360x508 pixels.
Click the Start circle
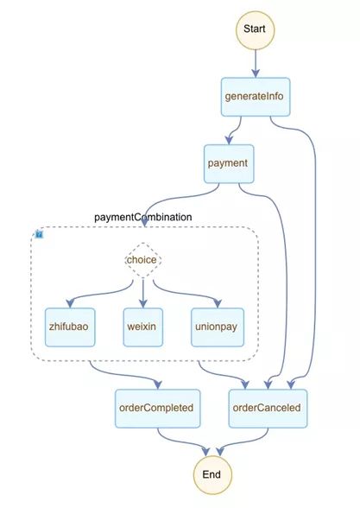[255, 30]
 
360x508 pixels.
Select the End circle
[212, 474]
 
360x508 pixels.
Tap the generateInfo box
[256, 97]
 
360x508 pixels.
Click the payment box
[229, 163]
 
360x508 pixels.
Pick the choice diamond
[142, 260]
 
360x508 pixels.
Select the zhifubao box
[70, 327]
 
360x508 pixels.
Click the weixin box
[142, 327]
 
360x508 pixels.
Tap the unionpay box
[218, 327]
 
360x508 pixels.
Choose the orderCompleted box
[158, 408]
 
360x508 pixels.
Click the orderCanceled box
[268, 408]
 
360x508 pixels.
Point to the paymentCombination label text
[142, 217]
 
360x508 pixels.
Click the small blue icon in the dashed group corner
[39, 234]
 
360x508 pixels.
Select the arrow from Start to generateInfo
[256, 64]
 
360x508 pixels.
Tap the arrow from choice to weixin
[142, 293]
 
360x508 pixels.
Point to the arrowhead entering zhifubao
[70, 303]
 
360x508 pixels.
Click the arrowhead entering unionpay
[218, 303]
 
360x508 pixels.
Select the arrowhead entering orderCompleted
[158, 384]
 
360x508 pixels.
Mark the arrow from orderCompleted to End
[179, 442]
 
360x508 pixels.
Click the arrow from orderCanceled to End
[246, 442]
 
